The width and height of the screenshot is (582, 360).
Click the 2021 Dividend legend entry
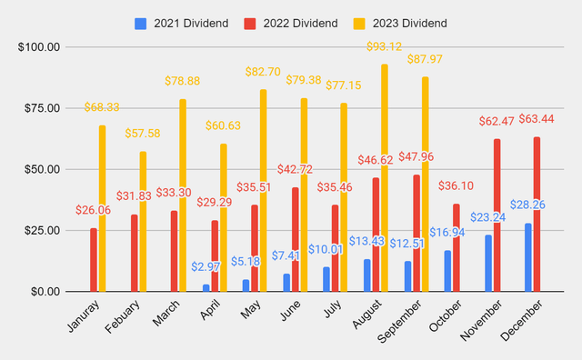click(x=179, y=22)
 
